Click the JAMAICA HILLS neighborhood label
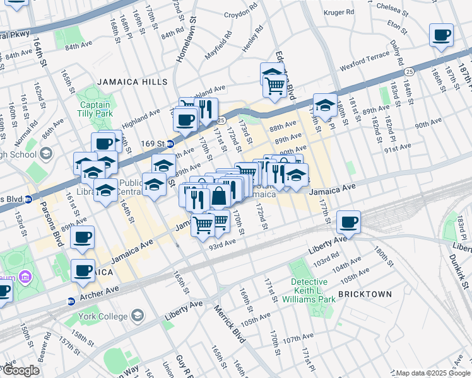click(x=133, y=82)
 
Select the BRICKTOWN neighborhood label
click(x=365, y=294)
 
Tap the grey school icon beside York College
click(x=136, y=315)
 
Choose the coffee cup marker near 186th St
click(x=441, y=34)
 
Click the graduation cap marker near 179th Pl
click(x=324, y=105)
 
